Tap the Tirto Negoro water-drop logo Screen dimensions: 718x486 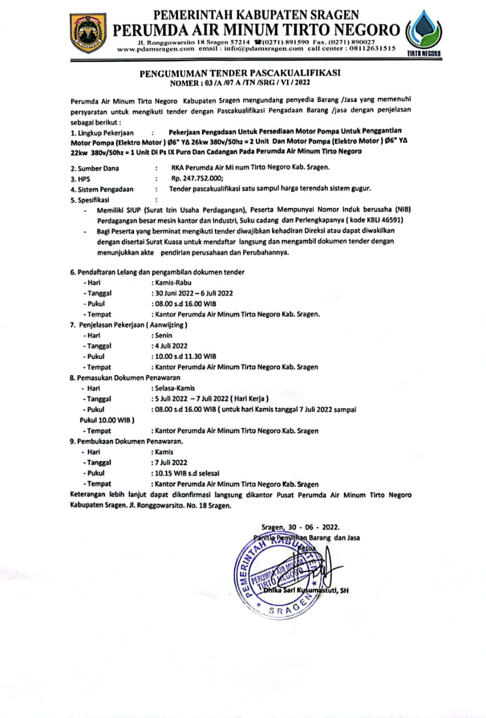pyautogui.click(x=423, y=32)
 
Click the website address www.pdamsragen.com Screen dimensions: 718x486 pyautogui.click(x=155, y=49)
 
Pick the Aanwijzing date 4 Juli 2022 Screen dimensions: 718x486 pyautogui.click(x=171, y=346)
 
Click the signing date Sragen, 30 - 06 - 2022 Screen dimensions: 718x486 pyautogui.click(x=301, y=527)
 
